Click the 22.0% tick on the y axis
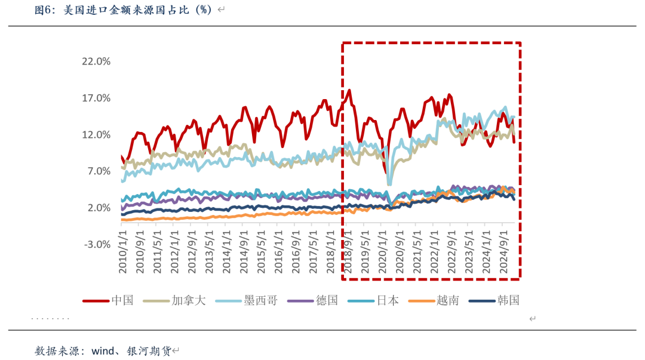point(96,61)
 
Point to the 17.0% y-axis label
point(96,98)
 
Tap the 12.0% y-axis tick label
point(96,135)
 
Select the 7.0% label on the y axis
point(98,171)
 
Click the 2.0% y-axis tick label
point(98,208)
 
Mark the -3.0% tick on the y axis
point(96,244)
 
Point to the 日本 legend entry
point(388,300)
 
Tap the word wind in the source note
point(103,350)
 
